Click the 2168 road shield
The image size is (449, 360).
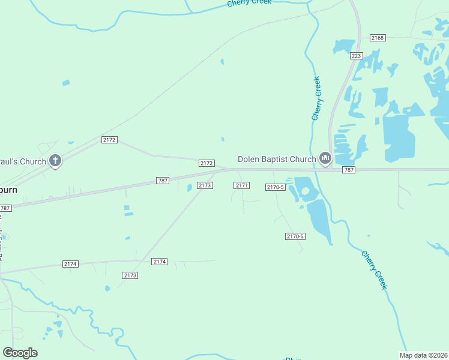click(378, 38)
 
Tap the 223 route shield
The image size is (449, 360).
click(357, 56)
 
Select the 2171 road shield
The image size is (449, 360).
click(241, 185)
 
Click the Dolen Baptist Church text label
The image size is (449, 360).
click(277, 159)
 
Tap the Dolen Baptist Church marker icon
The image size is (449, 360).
click(325, 159)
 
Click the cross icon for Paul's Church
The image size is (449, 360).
click(55, 161)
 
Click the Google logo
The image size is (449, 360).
click(20, 353)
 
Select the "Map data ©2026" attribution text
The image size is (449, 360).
click(423, 355)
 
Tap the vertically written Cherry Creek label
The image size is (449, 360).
click(316, 98)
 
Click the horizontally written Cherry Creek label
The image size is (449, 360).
click(249, 3)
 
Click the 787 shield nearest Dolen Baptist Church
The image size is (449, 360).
click(349, 170)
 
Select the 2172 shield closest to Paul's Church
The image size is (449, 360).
click(109, 140)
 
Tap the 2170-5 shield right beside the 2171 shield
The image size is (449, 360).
click(274, 187)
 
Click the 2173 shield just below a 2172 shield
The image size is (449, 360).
click(205, 185)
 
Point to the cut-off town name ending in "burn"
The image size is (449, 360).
click(8, 189)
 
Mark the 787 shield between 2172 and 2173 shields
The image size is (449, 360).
click(162, 181)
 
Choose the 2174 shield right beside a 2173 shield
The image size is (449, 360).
click(159, 262)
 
